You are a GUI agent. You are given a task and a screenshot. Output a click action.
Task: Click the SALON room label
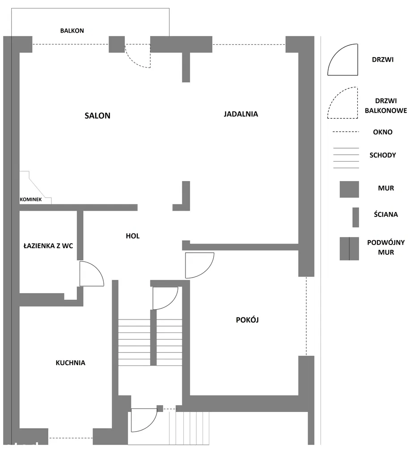tap(97, 116)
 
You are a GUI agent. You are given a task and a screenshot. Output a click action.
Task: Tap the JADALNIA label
tap(241, 114)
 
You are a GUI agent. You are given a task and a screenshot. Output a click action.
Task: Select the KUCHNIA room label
tap(70, 363)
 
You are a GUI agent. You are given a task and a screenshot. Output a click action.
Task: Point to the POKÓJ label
tap(247, 320)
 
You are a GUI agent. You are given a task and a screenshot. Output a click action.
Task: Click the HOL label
tap(133, 236)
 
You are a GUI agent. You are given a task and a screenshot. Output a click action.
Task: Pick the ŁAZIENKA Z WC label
tap(48, 246)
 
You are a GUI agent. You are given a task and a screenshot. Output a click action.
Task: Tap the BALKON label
tap(72, 31)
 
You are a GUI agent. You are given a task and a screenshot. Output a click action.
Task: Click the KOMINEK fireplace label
tap(31, 199)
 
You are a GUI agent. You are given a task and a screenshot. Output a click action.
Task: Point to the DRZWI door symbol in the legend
tap(342, 59)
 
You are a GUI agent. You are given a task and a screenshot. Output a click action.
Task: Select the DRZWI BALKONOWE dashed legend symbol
tap(342, 103)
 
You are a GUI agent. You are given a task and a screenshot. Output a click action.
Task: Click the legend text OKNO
tap(383, 132)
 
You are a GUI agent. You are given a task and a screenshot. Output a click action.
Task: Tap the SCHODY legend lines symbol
tap(346, 158)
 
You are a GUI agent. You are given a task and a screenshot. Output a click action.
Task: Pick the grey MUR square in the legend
tap(349, 189)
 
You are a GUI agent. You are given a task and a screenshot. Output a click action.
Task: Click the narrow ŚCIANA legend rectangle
tap(356, 217)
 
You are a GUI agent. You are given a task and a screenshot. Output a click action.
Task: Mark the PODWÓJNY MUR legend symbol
tap(349, 249)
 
